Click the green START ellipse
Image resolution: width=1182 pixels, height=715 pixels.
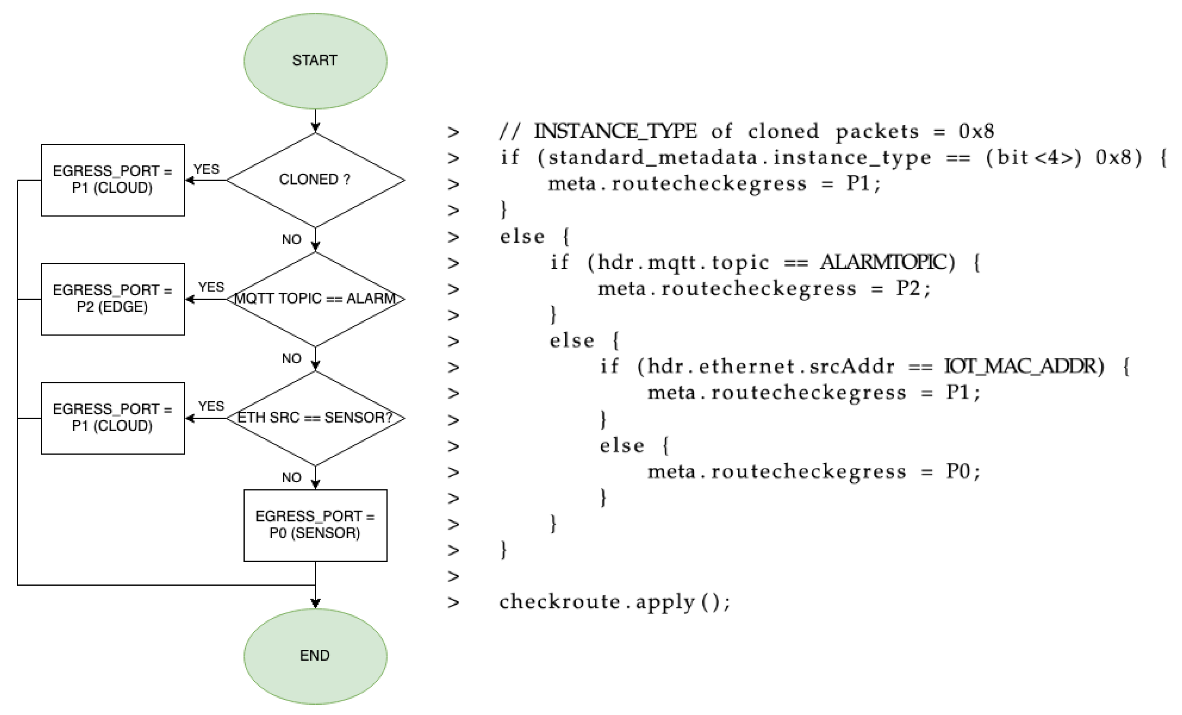point(315,61)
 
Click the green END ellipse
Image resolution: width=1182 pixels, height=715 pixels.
point(315,656)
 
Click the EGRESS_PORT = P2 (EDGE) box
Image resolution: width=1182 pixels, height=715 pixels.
point(113,299)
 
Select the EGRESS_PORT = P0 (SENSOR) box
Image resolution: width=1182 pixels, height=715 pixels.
point(315,525)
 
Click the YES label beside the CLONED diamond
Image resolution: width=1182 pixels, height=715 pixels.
point(206,169)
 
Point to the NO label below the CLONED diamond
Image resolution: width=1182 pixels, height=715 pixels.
point(291,239)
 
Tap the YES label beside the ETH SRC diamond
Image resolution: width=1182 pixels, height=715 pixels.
point(211,406)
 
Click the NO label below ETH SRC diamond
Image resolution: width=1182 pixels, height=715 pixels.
point(291,477)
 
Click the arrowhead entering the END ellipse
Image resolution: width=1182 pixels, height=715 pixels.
point(315,603)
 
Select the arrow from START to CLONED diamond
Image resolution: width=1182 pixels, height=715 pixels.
point(315,120)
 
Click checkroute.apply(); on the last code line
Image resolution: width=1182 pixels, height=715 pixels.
point(615,602)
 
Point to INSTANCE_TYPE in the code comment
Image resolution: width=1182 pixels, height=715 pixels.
point(615,131)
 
